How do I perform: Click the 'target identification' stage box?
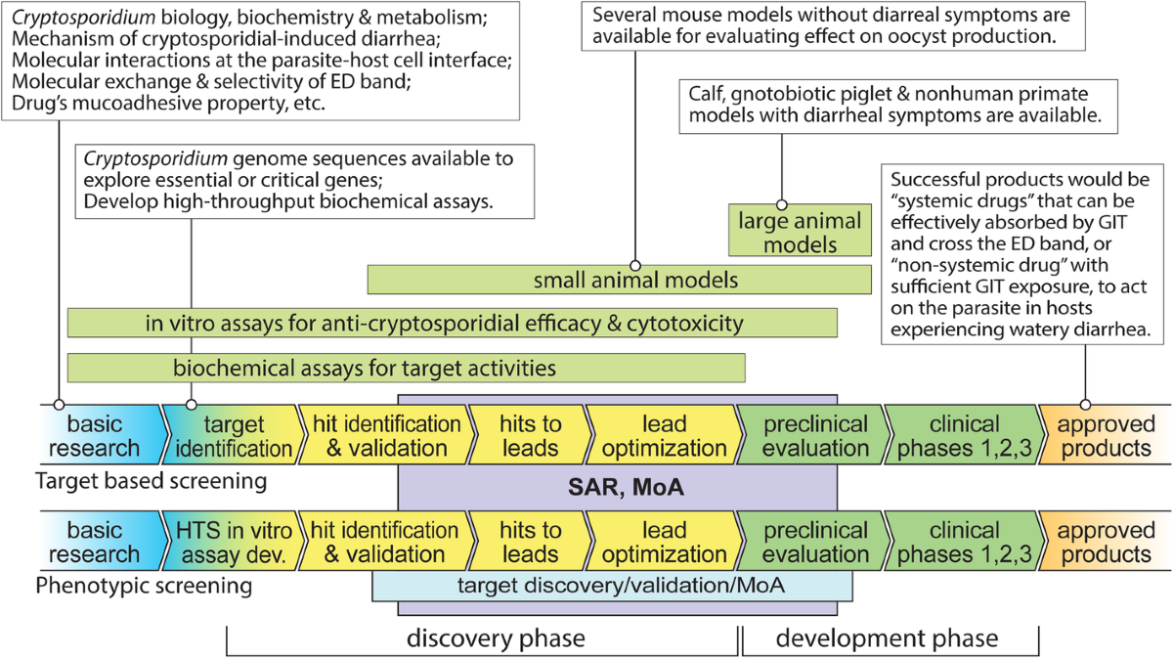point(233,436)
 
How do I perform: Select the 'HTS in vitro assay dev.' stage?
point(233,542)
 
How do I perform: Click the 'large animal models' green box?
point(800,232)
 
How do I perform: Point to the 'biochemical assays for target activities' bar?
point(406,368)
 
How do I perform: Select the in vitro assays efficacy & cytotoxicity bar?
point(452,323)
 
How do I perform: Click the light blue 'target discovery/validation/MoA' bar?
point(613,587)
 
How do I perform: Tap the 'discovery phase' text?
point(496,638)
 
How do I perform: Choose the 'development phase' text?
point(887,638)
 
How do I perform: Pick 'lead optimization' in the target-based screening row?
point(665,436)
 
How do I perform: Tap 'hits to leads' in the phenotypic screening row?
point(530,542)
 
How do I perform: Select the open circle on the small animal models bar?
point(635,265)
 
